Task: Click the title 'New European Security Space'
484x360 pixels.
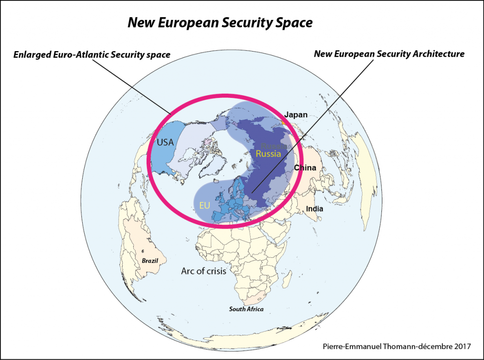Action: pos(220,23)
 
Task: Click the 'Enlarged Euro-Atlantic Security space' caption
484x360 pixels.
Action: pos(92,55)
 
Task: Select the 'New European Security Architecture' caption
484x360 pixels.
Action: pos(389,54)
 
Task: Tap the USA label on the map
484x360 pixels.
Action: pos(165,142)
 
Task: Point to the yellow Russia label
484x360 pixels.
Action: pos(268,154)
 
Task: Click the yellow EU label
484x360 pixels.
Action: pos(204,205)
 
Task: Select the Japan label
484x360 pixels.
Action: pos(296,114)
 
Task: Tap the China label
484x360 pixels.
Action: pos(305,167)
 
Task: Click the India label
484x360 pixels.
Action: pos(314,209)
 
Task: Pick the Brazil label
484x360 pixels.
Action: pos(150,261)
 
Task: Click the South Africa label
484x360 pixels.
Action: pos(246,309)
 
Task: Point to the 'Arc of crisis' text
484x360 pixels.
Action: pos(204,271)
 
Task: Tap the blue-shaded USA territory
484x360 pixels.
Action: pos(166,151)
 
